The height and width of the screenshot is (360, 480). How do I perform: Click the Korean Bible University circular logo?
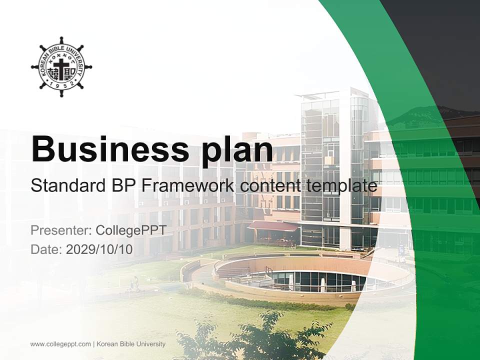pos(61,66)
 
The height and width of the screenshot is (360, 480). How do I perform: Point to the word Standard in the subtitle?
pos(68,185)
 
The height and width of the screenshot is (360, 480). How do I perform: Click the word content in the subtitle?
pos(270,186)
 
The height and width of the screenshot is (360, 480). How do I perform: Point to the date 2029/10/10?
pos(99,249)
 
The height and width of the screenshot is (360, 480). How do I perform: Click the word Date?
pos(46,249)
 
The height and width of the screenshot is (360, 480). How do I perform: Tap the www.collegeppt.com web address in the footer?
pos(60,344)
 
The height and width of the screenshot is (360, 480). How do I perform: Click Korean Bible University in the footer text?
pos(131,344)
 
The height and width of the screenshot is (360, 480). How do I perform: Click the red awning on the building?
pos(273,226)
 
